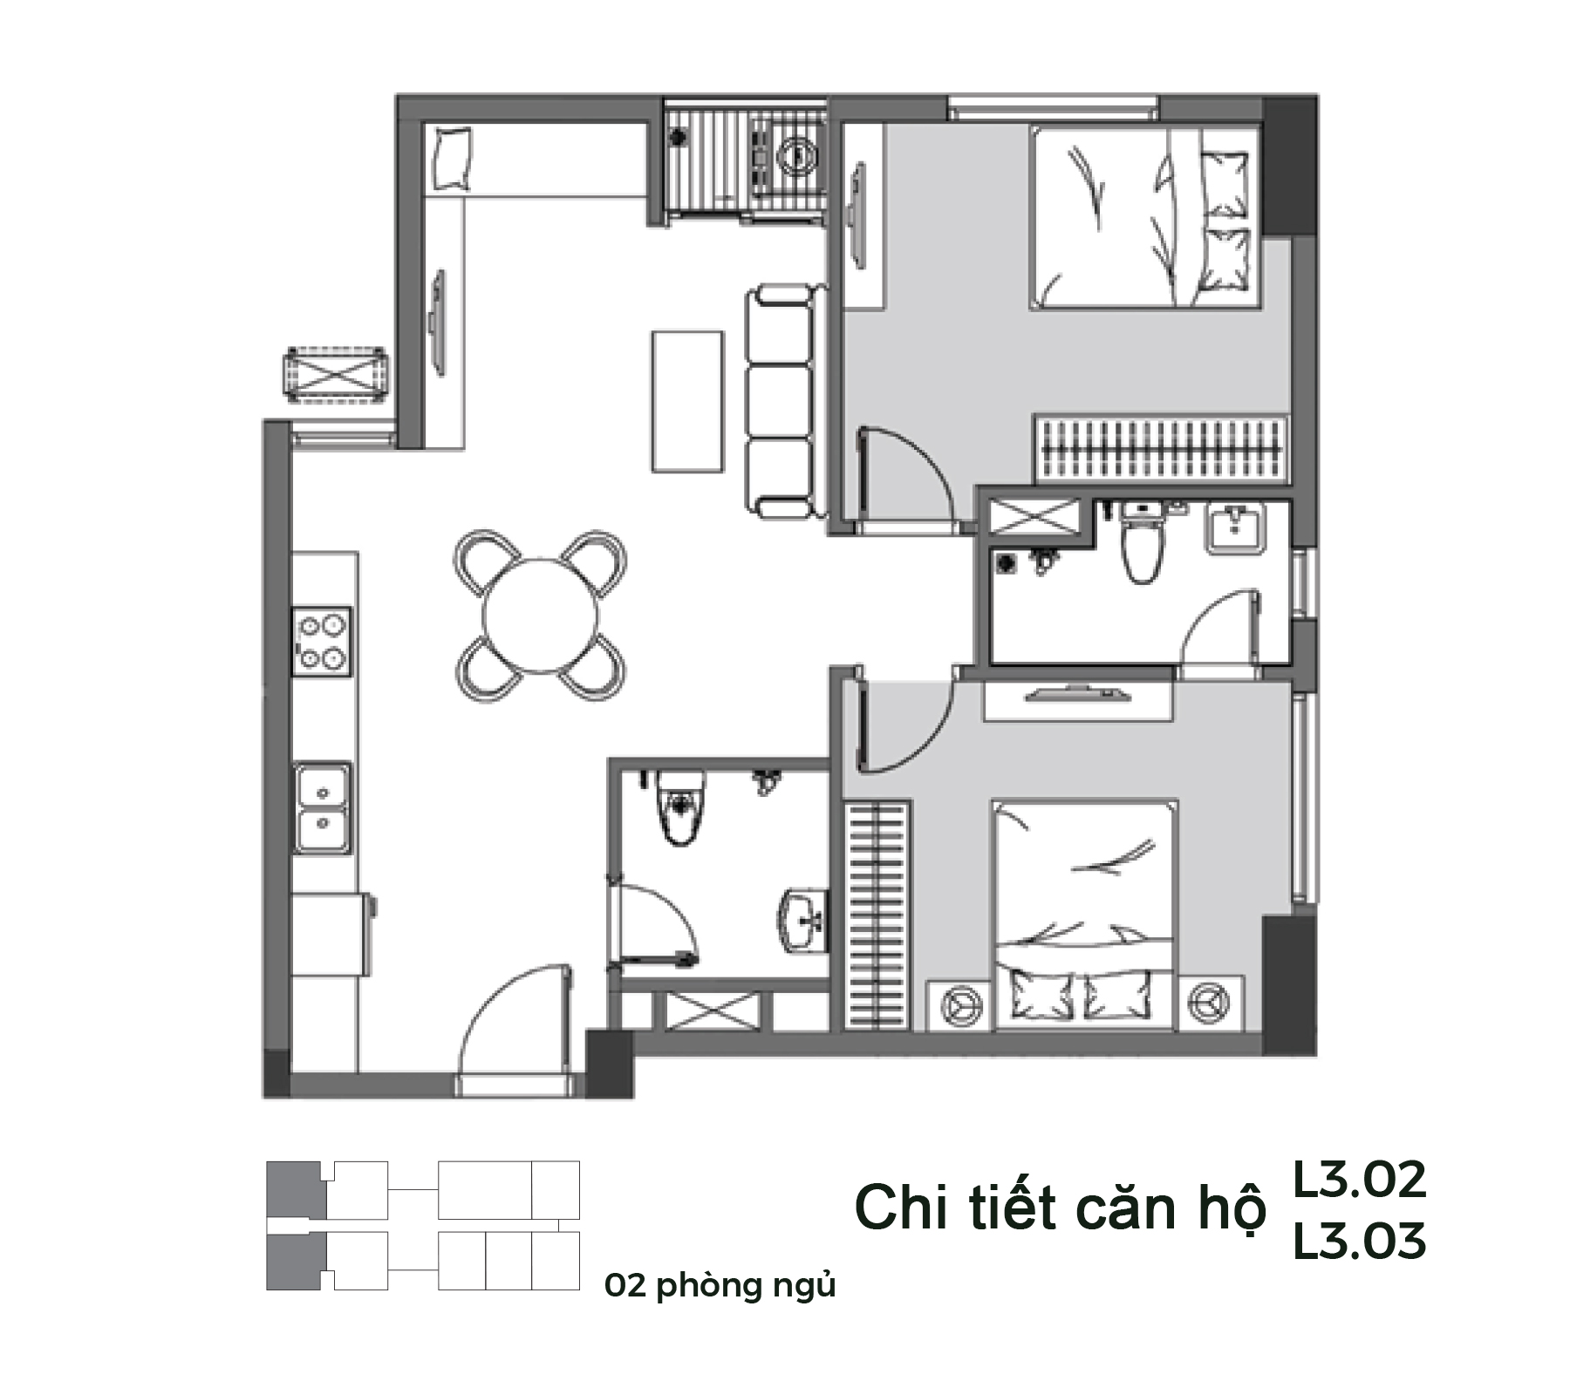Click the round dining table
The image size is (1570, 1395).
click(x=541, y=616)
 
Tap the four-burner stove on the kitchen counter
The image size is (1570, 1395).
click(x=322, y=642)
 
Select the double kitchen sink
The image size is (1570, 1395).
click(x=323, y=808)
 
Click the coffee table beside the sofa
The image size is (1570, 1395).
click(x=687, y=401)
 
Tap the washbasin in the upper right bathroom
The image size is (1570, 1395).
click(x=1234, y=529)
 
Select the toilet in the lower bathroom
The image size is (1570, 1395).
click(x=680, y=806)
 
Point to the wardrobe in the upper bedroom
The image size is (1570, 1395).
click(x=1161, y=447)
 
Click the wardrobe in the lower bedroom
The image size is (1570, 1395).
click(x=877, y=915)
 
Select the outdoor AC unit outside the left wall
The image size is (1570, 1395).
click(x=336, y=374)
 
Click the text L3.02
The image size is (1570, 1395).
click(x=1359, y=1180)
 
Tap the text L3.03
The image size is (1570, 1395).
click(x=1359, y=1241)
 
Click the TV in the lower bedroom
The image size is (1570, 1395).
click(x=1077, y=694)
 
